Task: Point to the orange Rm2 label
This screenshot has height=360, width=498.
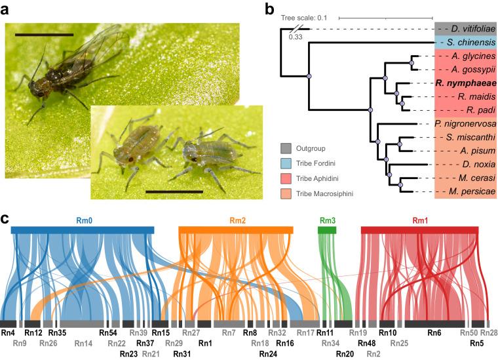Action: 237,220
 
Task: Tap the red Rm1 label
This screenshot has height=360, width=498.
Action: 419,220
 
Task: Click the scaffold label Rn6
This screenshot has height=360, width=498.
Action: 434,333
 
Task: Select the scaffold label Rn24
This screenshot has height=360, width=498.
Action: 268,354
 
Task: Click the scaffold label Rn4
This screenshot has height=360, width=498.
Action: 8,333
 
